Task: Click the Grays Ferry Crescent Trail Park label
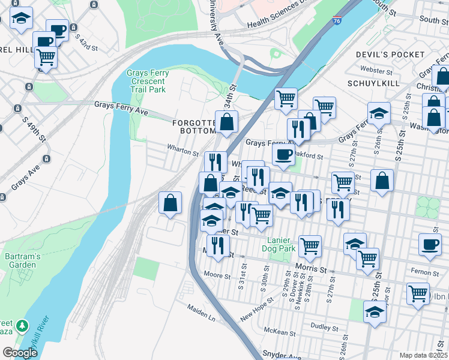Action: tap(148, 81)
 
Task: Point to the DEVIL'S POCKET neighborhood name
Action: tap(390, 55)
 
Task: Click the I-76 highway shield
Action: tap(337, 20)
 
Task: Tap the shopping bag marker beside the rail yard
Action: tap(170, 203)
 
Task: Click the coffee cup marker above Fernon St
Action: tap(429, 244)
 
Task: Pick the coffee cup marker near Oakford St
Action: tap(283, 154)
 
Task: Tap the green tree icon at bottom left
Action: tap(22, 325)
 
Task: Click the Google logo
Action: tap(20, 353)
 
